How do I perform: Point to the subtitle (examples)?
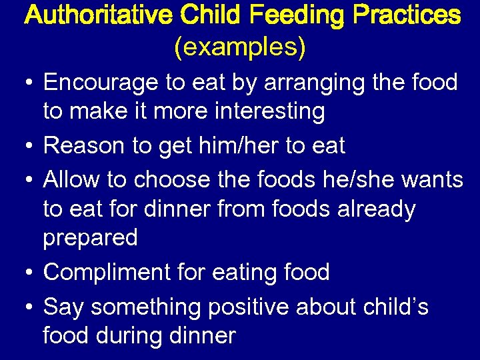tap(240, 47)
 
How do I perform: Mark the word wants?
tap(433, 181)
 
